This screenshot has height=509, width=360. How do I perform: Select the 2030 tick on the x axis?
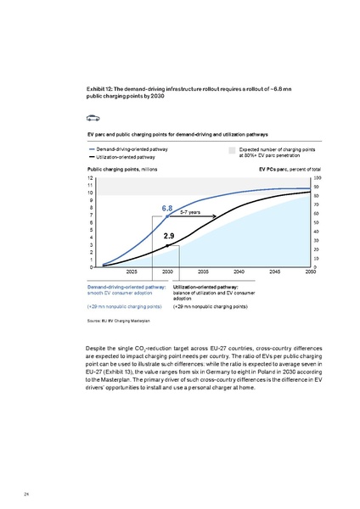pyautogui.click(x=168, y=271)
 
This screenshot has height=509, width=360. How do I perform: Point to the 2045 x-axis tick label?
pyautogui.click(x=275, y=271)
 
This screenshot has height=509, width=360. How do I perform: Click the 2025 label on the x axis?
pyautogui.click(x=132, y=271)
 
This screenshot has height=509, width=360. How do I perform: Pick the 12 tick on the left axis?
pyautogui.click(x=90, y=179)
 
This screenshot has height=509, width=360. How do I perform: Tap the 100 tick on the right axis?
pyautogui.click(x=317, y=178)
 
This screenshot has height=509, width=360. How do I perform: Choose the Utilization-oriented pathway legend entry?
pyautogui.click(x=128, y=157)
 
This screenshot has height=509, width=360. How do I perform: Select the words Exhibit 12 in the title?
pyautogui.click(x=103, y=89)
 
